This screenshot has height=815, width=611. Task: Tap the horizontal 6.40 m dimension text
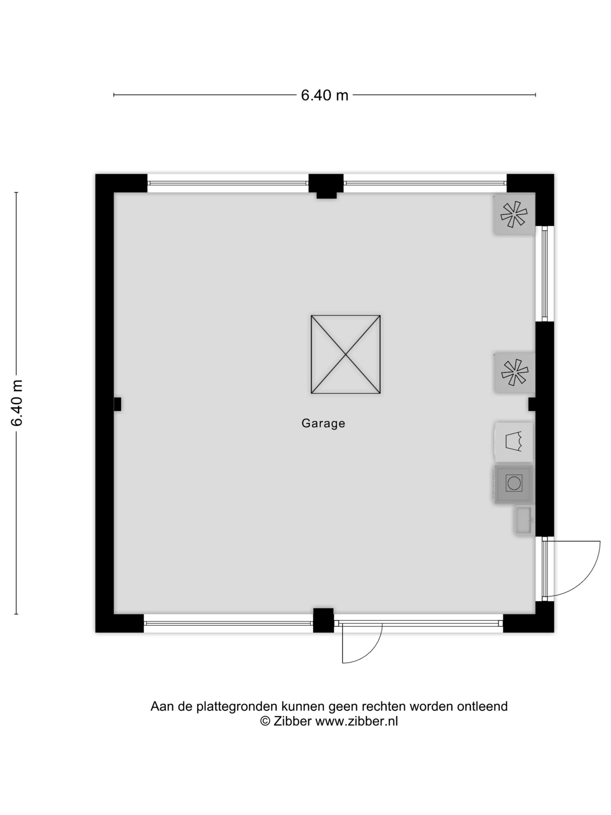(324, 95)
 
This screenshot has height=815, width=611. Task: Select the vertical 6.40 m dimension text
(17, 403)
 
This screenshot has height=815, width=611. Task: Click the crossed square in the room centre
(346, 354)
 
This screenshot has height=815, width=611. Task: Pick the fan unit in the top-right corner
(514, 214)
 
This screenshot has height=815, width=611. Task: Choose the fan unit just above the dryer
(514, 372)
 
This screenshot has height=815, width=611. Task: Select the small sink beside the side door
(524, 520)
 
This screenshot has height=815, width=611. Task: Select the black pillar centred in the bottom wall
(323, 621)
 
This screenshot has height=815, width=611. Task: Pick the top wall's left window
(228, 183)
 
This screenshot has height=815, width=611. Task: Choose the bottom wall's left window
(228, 623)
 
